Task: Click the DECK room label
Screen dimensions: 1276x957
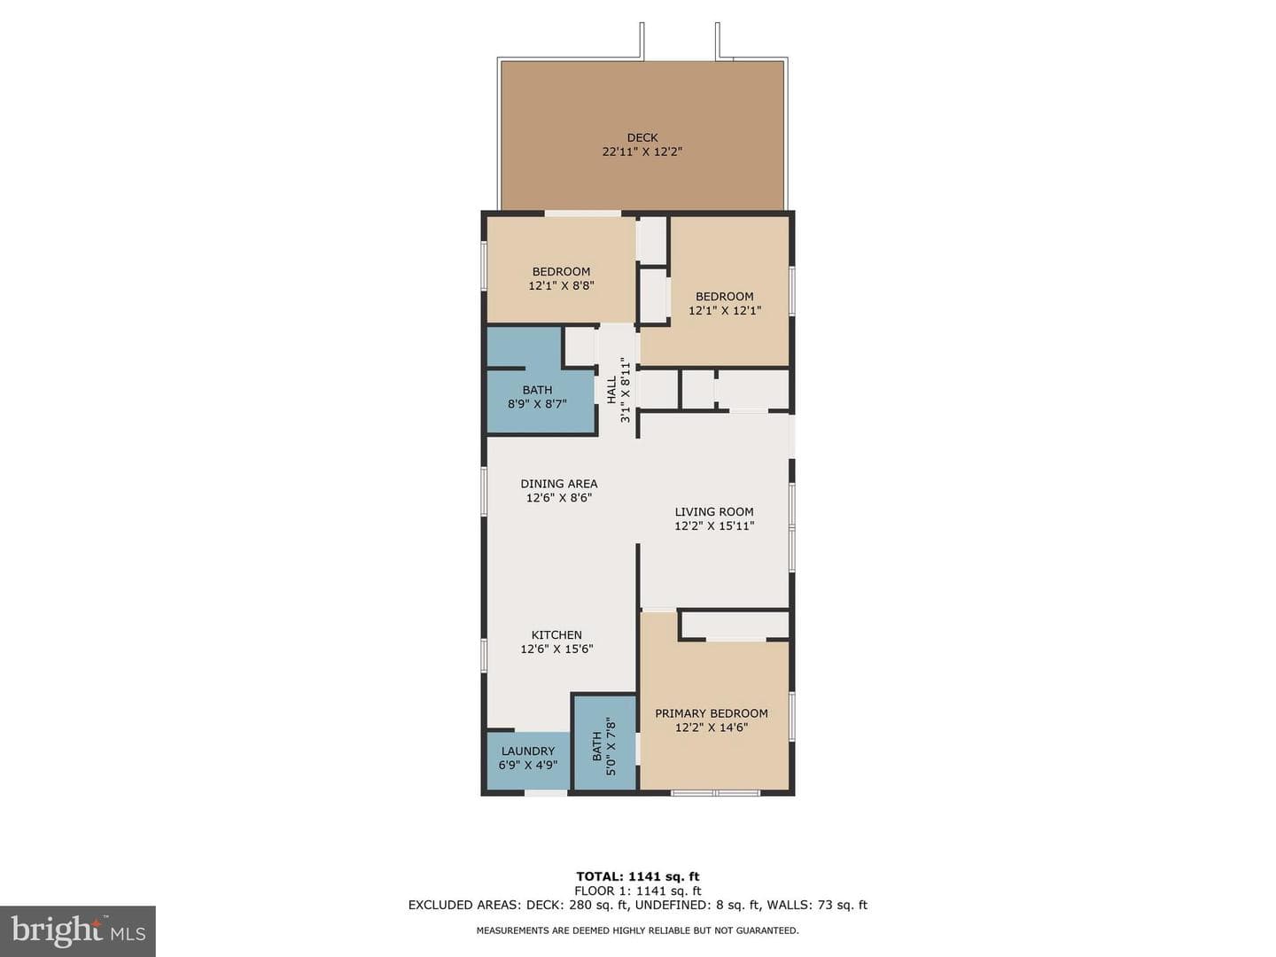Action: pos(642,137)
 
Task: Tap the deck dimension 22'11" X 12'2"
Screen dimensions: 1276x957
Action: pos(642,152)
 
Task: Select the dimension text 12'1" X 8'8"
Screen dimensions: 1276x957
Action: pos(561,286)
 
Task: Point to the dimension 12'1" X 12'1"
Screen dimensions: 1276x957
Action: pos(724,310)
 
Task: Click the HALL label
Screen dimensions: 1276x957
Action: pos(611,390)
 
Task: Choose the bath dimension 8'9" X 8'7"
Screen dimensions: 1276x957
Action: pos(537,404)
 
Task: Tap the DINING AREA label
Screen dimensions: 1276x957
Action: pos(558,484)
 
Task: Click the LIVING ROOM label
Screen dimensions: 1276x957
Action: pos(714,512)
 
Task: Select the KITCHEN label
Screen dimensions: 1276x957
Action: pos(556,635)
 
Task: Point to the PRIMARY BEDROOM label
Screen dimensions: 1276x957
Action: pos(711,713)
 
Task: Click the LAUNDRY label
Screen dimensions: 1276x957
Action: pos(528,751)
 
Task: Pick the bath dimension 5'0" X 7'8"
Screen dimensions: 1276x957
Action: pos(611,747)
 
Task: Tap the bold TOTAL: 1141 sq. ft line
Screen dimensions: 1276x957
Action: pos(638,876)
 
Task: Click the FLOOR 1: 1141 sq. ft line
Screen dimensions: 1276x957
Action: pos(638,891)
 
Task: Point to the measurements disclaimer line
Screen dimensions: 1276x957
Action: pos(638,930)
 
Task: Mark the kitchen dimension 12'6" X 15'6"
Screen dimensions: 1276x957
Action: pos(556,649)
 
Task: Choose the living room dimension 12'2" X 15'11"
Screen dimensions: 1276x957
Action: pos(714,526)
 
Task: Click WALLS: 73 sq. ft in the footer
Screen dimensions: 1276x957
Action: pos(817,905)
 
